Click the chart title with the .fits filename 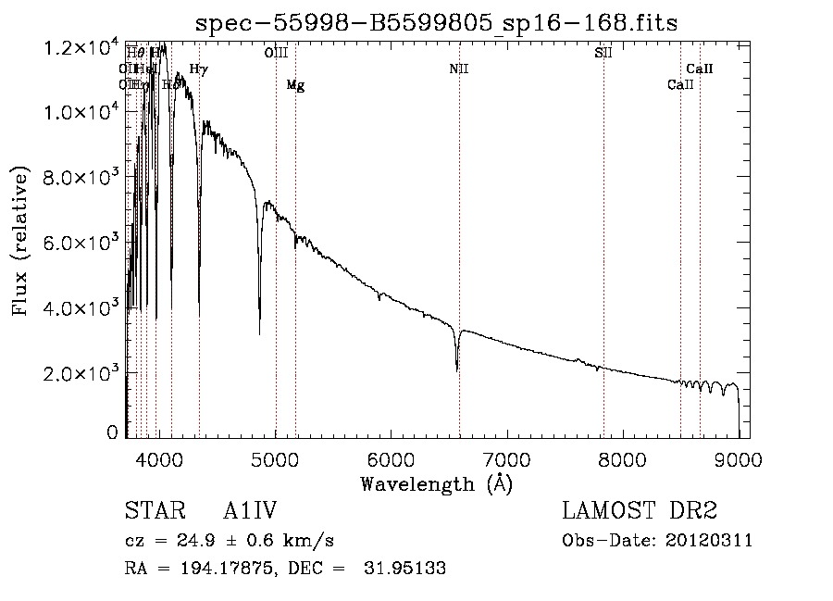tap(436, 23)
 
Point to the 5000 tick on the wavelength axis tap(275, 457)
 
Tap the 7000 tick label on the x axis tap(506, 457)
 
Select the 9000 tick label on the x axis tap(738, 457)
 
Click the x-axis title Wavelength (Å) tap(436, 483)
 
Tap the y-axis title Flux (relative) tap(21, 240)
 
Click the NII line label tap(459, 69)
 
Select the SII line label tap(603, 53)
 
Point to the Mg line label tap(295, 85)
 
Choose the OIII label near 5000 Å tap(276, 54)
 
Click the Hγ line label tap(198, 69)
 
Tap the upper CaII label tap(700, 69)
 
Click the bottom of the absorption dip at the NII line tap(457, 370)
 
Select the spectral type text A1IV tap(250, 512)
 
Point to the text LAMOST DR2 tap(640, 512)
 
